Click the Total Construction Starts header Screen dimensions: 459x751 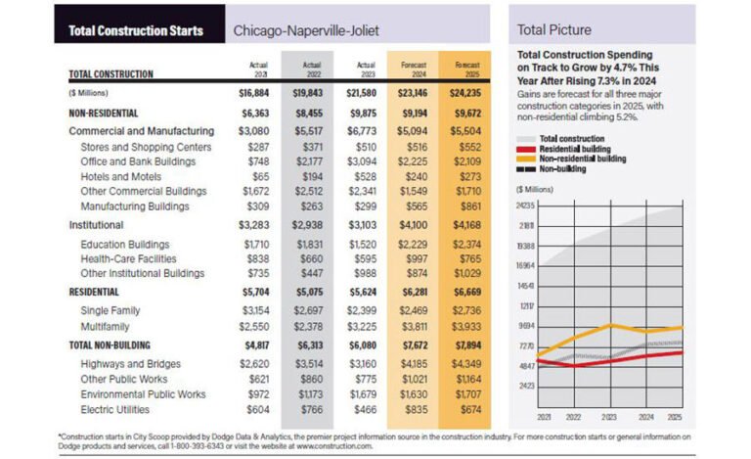click(x=136, y=30)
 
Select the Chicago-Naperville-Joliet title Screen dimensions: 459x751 click(x=305, y=30)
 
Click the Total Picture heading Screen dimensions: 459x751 click(x=553, y=30)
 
